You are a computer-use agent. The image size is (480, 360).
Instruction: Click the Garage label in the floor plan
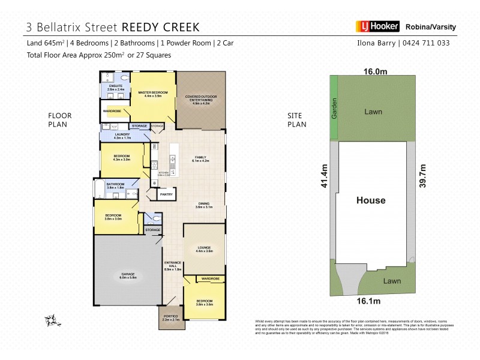coord(127,275)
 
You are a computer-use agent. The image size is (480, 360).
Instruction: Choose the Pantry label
coord(166,194)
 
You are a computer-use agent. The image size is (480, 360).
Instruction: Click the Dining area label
coord(203,205)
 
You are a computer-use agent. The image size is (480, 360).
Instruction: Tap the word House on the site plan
coord(370,200)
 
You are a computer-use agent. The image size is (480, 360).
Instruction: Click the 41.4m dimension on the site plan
coord(323,176)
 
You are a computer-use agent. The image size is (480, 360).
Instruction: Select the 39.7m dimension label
coord(422,176)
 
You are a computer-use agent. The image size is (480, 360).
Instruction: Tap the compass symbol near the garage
coord(52,319)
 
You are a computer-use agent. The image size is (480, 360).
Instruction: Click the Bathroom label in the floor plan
coord(115,185)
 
